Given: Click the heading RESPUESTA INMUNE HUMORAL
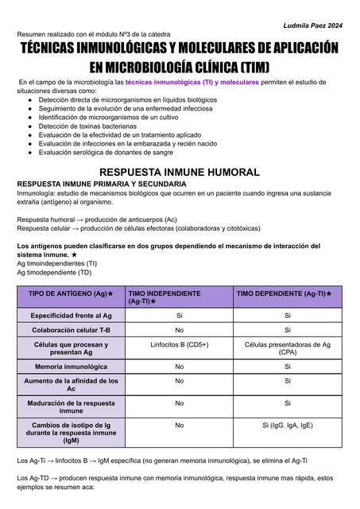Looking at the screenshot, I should coord(179,172).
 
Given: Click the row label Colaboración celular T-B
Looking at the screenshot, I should coord(71,329).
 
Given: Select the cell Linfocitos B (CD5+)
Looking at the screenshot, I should coord(179,344).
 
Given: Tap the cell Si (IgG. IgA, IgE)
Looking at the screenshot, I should coord(287,425).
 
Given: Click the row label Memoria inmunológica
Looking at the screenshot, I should coord(71,367).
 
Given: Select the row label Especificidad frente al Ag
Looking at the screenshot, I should coord(71,316).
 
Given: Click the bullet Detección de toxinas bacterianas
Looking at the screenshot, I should coord(87,126).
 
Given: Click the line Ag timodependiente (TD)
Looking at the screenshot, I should coord(54,272).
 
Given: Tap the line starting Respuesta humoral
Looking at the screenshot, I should coord(97,219).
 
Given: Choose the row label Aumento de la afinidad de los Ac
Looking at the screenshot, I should coord(71,385).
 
